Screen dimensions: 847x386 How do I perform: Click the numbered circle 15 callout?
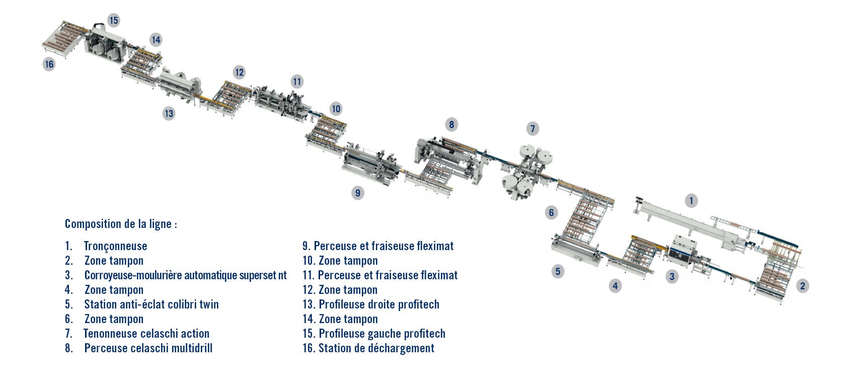[113, 20]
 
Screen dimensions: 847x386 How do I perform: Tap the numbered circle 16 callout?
[49, 64]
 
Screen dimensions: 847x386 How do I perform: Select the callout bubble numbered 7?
[532, 129]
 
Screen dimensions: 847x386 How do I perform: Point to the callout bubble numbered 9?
[358, 193]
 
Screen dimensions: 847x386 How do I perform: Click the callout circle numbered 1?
[691, 200]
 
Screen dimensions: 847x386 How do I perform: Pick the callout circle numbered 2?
[802, 286]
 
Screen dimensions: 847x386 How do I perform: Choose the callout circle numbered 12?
[240, 72]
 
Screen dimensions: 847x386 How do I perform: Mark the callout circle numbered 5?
[558, 271]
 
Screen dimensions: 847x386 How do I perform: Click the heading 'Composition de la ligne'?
[121, 224]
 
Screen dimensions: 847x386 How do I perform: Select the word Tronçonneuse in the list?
[115, 246]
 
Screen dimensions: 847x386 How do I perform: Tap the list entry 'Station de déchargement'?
[376, 348]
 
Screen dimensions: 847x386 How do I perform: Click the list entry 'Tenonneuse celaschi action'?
[146, 334]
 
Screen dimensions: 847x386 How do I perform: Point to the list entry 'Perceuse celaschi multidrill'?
[148, 348]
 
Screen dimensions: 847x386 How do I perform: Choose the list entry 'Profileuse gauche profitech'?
[382, 334]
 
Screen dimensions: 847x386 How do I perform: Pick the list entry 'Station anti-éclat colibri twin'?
[151, 304]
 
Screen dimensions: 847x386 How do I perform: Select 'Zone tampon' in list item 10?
[348, 261]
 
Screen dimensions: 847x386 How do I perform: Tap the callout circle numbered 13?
[169, 113]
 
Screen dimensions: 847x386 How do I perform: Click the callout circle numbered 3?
[672, 277]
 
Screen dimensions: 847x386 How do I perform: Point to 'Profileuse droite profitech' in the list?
[379, 304]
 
